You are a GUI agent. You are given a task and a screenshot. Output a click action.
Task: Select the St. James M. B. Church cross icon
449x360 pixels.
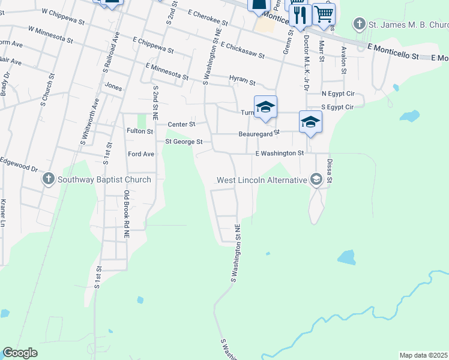point(359,25)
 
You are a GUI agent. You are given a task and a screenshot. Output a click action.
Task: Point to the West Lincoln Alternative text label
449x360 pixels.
point(262,180)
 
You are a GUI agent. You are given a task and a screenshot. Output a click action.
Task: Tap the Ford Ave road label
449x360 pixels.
point(141,154)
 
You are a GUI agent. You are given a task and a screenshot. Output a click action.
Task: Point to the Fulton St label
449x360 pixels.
point(140,131)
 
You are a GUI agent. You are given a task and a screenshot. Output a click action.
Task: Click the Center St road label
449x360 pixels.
point(181,125)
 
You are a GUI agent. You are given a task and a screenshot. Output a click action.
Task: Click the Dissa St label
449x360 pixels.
point(329,170)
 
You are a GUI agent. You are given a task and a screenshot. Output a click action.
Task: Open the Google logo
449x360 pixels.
point(20,353)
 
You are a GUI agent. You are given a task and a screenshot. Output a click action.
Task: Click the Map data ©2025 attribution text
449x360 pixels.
point(423,355)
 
